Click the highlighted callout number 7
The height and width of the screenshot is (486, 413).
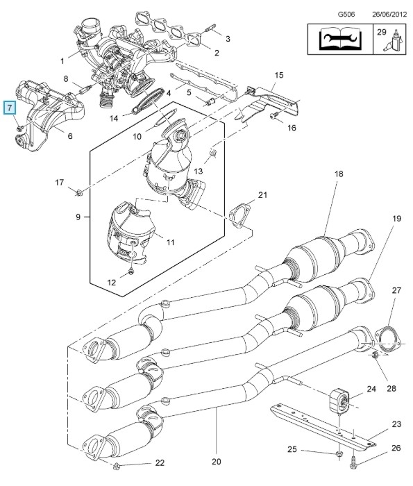point(10,108)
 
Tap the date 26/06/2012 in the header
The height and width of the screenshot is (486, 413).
point(389,15)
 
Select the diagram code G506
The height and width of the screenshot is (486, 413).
point(346,15)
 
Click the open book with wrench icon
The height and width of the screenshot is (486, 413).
point(340,39)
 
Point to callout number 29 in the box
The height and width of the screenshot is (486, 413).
point(382,32)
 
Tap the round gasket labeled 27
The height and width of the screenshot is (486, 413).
point(387,340)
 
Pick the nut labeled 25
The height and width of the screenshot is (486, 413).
point(339,454)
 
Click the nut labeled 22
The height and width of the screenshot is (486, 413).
point(117,465)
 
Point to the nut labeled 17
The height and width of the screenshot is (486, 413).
point(79,192)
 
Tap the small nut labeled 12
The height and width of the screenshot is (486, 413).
point(131,271)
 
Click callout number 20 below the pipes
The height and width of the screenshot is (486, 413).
point(217,462)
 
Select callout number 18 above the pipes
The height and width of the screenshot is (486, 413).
point(339,174)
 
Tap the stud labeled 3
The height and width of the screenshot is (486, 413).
point(210,28)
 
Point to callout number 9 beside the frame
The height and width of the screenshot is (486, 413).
point(78,217)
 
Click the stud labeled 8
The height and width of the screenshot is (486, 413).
point(85,90)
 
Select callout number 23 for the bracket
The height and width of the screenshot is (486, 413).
point(396,424)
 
